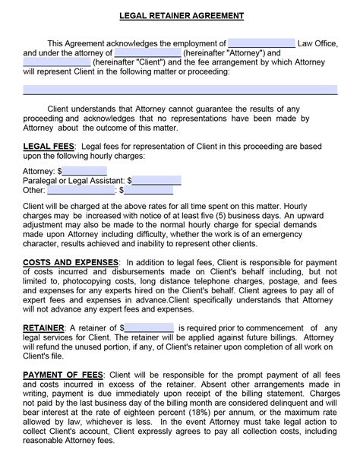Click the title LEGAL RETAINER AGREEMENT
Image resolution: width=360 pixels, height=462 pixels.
tap(180, 15)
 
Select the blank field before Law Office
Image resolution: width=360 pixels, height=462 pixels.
tap(261, 43)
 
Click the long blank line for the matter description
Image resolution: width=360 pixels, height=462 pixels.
tap(180, 90)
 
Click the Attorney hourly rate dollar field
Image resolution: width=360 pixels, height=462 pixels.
tap(84, 171)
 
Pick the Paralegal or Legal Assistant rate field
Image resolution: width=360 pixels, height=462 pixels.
tap(157, 181)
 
